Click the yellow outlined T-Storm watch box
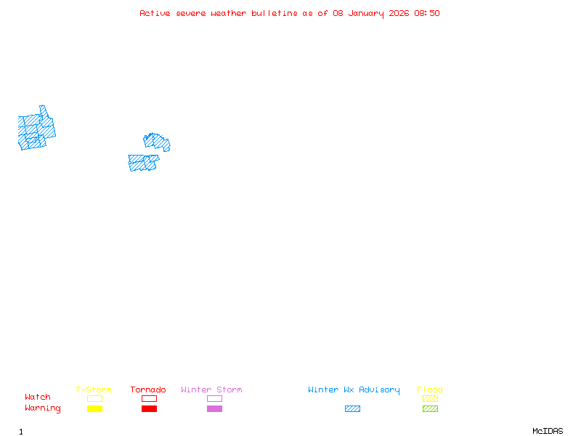pyautogui.click(x=94, y=398)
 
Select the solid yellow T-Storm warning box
pyautogui.click(x=94, y=408)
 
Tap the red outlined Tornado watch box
pyautogui.click(x=149, y=398)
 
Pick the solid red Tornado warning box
pyautogui.click(x=149, y=408)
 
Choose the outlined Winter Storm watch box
pyautogui.click(x=214, y=398)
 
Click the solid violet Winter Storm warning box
pyautogui.click(x=214, y=408)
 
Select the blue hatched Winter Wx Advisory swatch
pyautogui.click(x=352, y=408)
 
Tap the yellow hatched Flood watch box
pyautogui.click(x=430, y=398)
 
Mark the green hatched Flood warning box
pyautogui.click(x=430, y=408)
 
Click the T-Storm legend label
pyautogui.click(x=94, y=389)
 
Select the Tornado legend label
pyautogui.click(x=148, y=389)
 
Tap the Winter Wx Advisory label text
pyautogui.click(x=354, y=389)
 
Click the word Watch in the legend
pyautogui.click(x=38, y=397)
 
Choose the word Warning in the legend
pyautogui.click(x=42, y=408)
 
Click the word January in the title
pyautogui.click(x=367, y=13)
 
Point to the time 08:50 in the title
pyautogui.click(x=428, y=13)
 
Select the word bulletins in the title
pyautogui.click(x=274, y=13)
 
